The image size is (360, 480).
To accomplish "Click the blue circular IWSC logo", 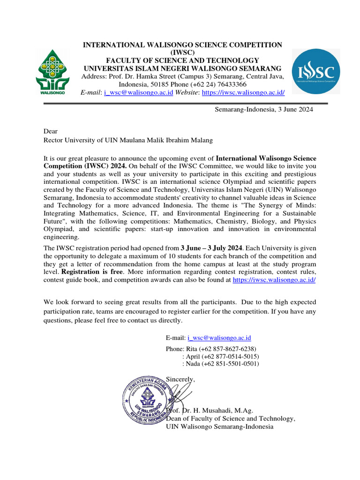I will pyautogui.click(x=316, y=71).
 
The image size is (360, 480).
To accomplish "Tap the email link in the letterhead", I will pyautogui.click(x=139, y=92).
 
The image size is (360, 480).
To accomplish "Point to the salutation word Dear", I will pyautogui.click(x=51, y=132).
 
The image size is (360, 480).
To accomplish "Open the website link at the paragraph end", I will pyautogui.click(x=274, y=279).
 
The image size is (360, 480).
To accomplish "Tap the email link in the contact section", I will pyautogui.click(x=219, y=337).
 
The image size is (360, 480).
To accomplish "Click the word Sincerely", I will pyautogui.click(x=181, y=379).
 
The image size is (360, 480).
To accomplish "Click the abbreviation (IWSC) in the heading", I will pyautogui.click(x=182, y=52).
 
